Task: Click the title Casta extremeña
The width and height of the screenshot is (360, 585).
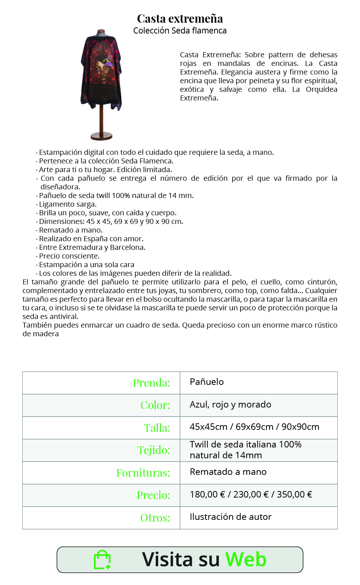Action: [x=180, y=18]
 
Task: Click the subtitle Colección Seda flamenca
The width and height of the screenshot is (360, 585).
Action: [x=180, y=31]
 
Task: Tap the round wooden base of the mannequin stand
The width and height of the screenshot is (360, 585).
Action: [x=102, y=136]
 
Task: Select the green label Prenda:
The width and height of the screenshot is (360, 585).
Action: [x=152, y=383]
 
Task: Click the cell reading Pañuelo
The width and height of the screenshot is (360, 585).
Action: [x=207, y=382]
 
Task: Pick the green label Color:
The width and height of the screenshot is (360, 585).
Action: [x=155, y=405]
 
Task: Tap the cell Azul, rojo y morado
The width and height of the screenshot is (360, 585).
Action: [x=230, y=405]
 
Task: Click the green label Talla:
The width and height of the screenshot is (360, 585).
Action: [x=157, y=428]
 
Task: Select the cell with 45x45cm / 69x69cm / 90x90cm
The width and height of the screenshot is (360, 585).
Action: [x=254, y=427]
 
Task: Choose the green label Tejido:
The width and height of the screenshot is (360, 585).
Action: [x=154, y=450]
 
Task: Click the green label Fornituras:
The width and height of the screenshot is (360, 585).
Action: [x=143, y=473]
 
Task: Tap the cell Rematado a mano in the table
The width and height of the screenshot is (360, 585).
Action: [x=228, y=472]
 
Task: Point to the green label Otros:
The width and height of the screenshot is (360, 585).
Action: [x=155, y=518]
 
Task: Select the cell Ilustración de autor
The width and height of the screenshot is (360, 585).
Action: [x=230, y=517]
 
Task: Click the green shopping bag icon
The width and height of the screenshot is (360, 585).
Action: [x=102, y=560]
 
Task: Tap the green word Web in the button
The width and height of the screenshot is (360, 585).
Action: [x=246, y=559]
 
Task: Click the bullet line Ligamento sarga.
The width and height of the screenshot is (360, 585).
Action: [x=68, y=204]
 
